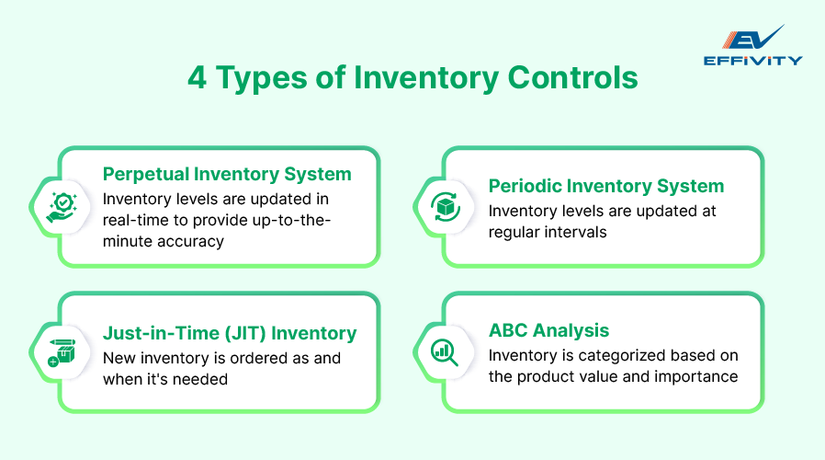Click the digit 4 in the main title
coord(197,78)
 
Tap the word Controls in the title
coord(571,78)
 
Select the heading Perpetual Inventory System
coord(227,174)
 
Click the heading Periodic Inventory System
coord(605,186)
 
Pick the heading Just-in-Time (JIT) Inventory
coord(230,333)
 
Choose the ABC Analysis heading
coord(548,330)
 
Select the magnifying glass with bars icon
coord(445,351)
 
